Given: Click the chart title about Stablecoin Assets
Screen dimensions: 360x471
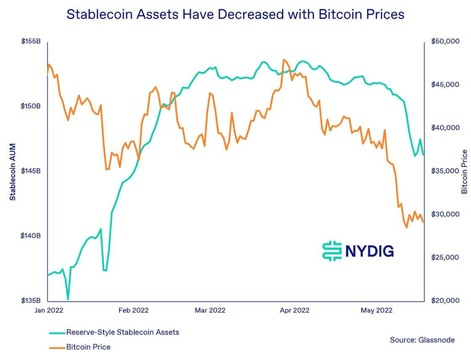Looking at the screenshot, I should pos(235,14).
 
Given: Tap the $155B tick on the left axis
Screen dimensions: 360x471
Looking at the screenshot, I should pos(31,41).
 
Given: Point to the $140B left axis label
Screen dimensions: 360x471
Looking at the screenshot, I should pos(31,236).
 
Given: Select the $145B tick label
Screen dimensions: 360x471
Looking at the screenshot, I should pos(31,171).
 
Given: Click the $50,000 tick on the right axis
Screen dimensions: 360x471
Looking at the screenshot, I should pos(445,41).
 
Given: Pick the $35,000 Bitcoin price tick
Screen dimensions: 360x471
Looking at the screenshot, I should pos(445,171).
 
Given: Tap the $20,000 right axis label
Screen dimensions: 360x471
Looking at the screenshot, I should pos(445,301).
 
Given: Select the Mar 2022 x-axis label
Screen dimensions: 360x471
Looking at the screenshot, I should pos(210,310).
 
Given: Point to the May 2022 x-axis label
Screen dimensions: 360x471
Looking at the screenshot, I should pos(377,310).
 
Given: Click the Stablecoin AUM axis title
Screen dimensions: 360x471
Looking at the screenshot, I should pos(13,171).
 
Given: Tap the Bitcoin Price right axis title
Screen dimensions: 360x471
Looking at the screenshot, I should pos(464,171).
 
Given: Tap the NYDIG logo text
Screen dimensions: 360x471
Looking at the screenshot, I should pos(369,251).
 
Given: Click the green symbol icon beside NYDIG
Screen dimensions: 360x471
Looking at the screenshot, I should pos(332,251).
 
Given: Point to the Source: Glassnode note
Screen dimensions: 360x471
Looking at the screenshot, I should pos(422,340).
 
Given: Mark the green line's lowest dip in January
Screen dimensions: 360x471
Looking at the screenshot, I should pos(68,299).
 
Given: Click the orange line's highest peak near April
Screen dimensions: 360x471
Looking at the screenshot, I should pos(284,59).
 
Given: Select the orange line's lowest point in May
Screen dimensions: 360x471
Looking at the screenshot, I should pos(406,227).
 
